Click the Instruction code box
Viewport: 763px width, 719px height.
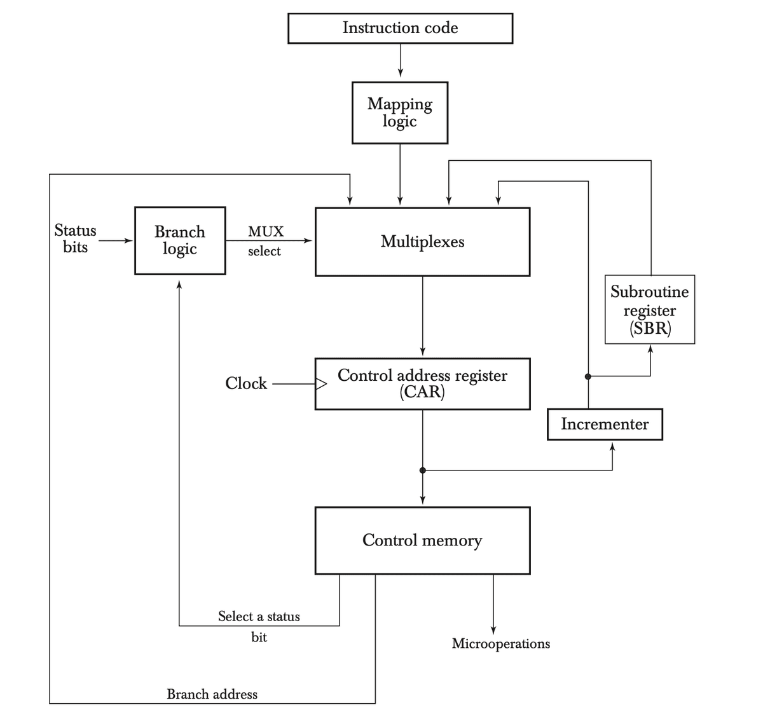click(x=400, y=29)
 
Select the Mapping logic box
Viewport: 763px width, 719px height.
click(x=400, y=113)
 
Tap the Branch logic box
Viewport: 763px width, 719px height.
click(x=180, y=240)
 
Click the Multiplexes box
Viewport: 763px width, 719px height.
click(x=422, y=242)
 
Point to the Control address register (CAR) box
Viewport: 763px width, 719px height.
click(x=422, y=383)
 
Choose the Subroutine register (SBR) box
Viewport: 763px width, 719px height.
click(x=649, y=310)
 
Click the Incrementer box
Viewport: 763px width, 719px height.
click(x=605, y=424)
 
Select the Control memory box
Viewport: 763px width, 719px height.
click(x=422, y=540)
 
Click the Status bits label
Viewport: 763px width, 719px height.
click(x=75, y=238)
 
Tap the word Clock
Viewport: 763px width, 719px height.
click(x=246, y=383)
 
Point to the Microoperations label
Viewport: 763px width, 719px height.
click(x=501, y=643)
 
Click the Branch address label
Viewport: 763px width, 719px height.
click(x=212, y=694)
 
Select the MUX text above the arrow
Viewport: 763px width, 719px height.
click(x=266, y=231)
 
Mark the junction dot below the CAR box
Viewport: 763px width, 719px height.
click(x=423, y=470)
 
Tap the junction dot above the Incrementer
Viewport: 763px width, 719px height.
click(x=588, y=376)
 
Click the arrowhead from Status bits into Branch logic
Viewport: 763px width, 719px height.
click(x=130, y=241)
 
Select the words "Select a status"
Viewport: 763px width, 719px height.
click(x=259, y=616)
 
